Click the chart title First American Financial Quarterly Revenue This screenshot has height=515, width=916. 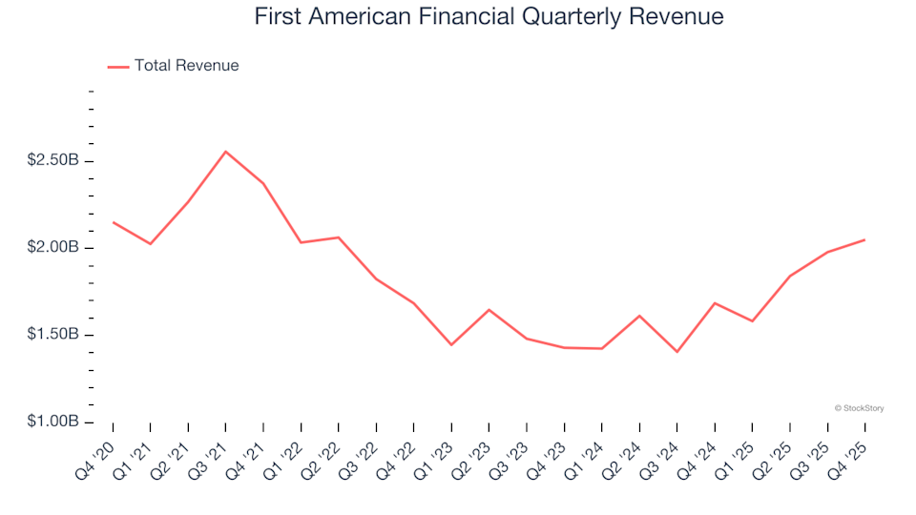pos(489,17)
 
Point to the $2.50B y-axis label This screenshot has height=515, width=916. pos(53,160)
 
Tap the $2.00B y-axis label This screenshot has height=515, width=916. pos(53,248)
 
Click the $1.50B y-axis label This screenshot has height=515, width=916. pos(53,335)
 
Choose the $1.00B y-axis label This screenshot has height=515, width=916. pos(53,422)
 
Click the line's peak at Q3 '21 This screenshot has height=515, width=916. pos(225,151)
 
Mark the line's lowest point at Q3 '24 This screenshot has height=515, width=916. pos(677,352)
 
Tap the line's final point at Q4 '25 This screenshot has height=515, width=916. pos(864,239)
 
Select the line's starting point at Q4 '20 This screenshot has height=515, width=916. pos(113,222)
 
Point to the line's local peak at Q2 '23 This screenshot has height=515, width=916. pos(489,310)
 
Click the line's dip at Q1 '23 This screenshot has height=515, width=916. pos(451,344)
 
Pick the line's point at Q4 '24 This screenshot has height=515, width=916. pos(715,303)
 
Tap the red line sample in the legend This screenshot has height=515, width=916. pos(117,67)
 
